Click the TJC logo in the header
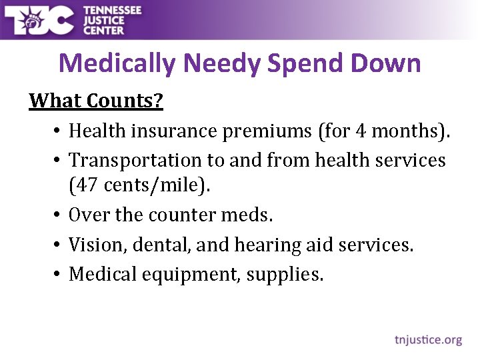click(39, 21)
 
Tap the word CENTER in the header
click(103, 30)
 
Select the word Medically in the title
click(117, 64)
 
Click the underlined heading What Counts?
click(96, 101)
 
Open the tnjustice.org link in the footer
click(427, 340)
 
